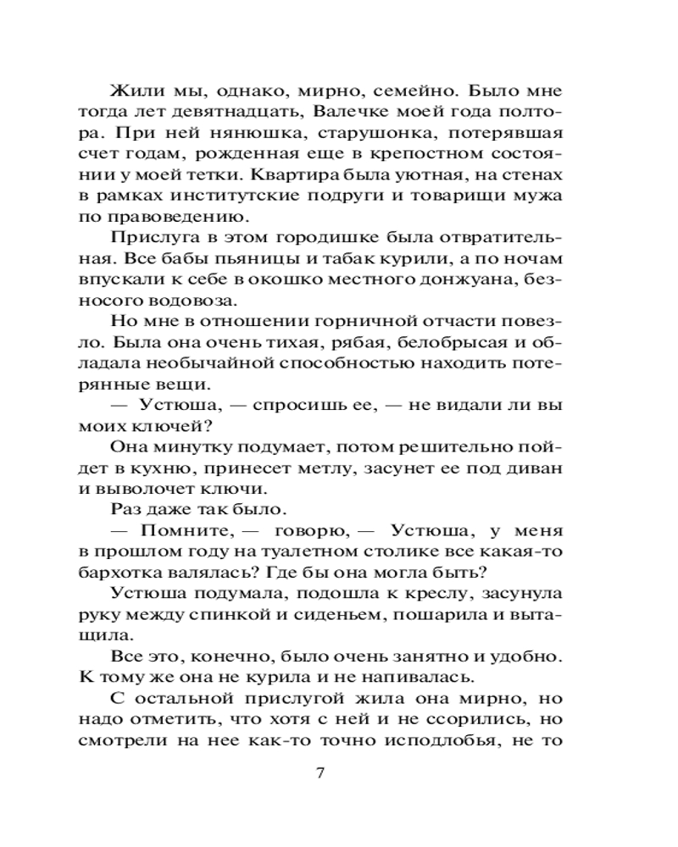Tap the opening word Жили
tap(133, 91)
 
